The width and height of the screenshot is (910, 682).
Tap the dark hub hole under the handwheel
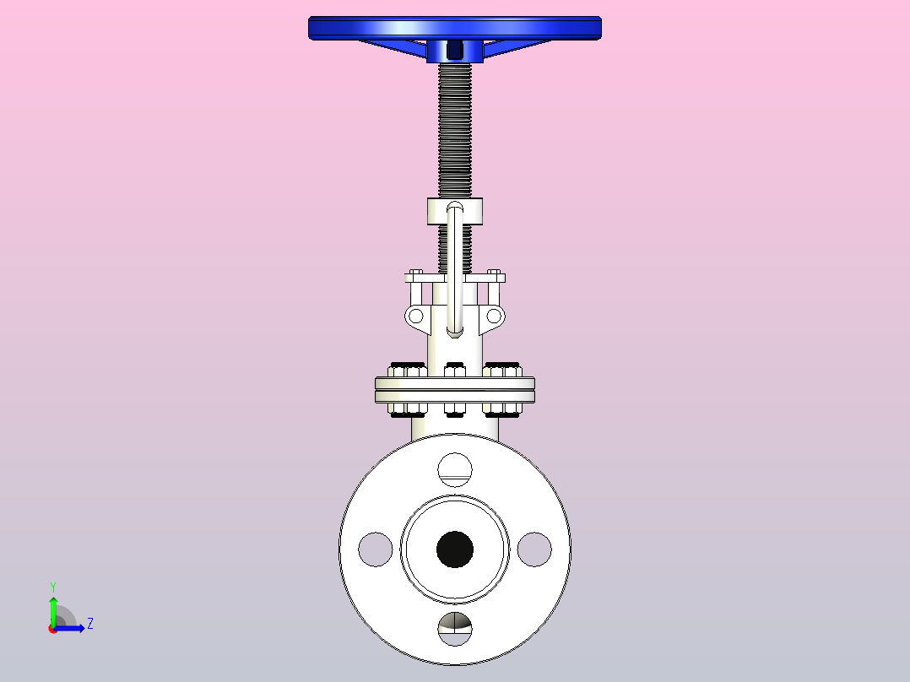[455, 51]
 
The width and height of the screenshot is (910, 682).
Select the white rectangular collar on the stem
[435, 211]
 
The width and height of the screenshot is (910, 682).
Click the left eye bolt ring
[414, 317]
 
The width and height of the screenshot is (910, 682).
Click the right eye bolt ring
[495, 317]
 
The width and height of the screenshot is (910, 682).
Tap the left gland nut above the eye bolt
[414, 276]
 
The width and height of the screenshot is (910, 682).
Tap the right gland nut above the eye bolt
[496, 276]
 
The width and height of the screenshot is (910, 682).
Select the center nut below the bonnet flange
[455, 410]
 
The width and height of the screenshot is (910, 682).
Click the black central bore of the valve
[455, 549]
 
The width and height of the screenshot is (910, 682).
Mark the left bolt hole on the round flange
[376, 549]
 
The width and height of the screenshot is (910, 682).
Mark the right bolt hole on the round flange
[534, 549]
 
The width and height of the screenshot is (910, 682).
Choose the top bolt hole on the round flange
[455, 469]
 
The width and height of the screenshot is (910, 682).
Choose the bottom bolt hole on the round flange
[455, 628]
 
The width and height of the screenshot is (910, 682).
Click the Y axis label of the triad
[52, 586]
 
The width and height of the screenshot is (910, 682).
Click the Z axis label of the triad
[89, 624]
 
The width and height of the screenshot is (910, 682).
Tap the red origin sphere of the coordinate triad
[52, 629]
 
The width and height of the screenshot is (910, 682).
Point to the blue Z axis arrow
[72, 628]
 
